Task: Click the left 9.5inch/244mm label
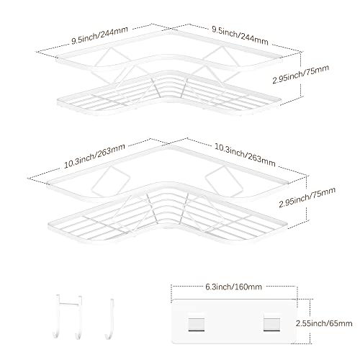point(99,35)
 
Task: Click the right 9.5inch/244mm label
point(240,35)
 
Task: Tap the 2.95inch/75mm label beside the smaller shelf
point(300,74)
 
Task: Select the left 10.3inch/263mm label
point(94,156)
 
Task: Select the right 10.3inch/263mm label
point(245,155)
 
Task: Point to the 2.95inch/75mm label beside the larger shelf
point(307,197)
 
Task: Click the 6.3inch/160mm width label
point(233,287)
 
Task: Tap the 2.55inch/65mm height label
point(324,323)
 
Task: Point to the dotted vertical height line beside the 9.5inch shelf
point(301,75)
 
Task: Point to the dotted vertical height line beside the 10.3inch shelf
point(307,198)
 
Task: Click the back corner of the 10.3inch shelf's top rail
point(168,145)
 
